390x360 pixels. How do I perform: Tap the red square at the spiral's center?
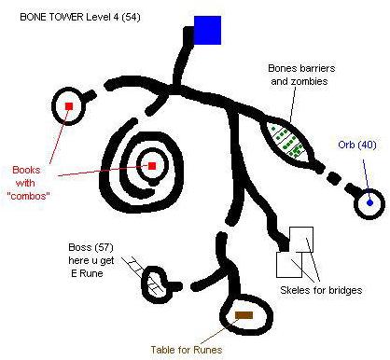(x=151, y=167)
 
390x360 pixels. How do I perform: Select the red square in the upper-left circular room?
(x=69, y=107)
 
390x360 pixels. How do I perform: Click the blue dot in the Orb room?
(x=369, y=202)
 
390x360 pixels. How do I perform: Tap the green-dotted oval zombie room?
(x=286, y=141)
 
